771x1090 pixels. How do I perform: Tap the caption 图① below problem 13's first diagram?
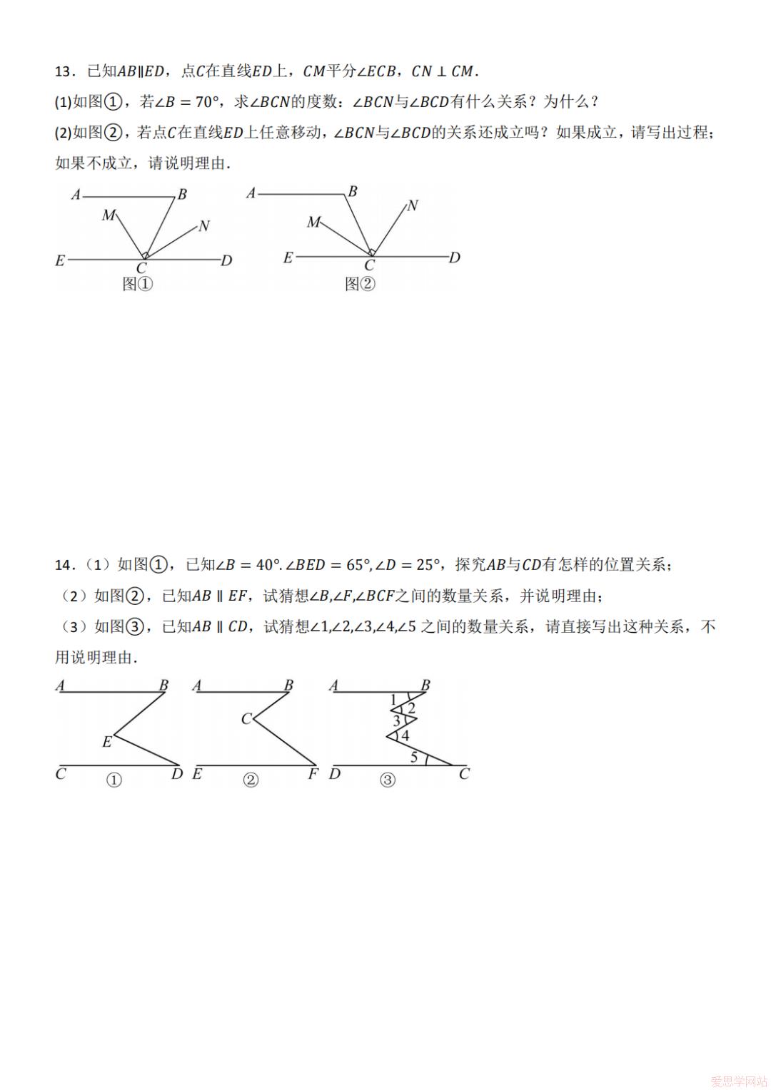[138, 284]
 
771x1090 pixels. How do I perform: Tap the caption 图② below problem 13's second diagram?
[360, 284]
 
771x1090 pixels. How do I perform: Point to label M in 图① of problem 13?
[108, 215]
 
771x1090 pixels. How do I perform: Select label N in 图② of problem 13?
[412, 205]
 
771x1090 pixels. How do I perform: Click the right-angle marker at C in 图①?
[145, 255]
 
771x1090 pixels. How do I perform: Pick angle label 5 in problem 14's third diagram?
[414, 758]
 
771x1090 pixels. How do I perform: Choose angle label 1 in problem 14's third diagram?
[393, 700]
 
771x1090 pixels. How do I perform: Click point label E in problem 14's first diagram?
[107, 742]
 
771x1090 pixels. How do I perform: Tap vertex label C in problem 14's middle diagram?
[246, 718]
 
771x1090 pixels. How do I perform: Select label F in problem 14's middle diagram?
[313, 774]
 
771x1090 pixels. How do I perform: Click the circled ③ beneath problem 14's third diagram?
[387, 780]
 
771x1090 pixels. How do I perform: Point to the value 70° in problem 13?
[206, 102]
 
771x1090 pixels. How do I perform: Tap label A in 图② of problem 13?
[251, 193]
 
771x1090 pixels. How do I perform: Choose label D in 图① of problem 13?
[226, 261]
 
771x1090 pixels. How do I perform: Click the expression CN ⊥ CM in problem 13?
[443, 71]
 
